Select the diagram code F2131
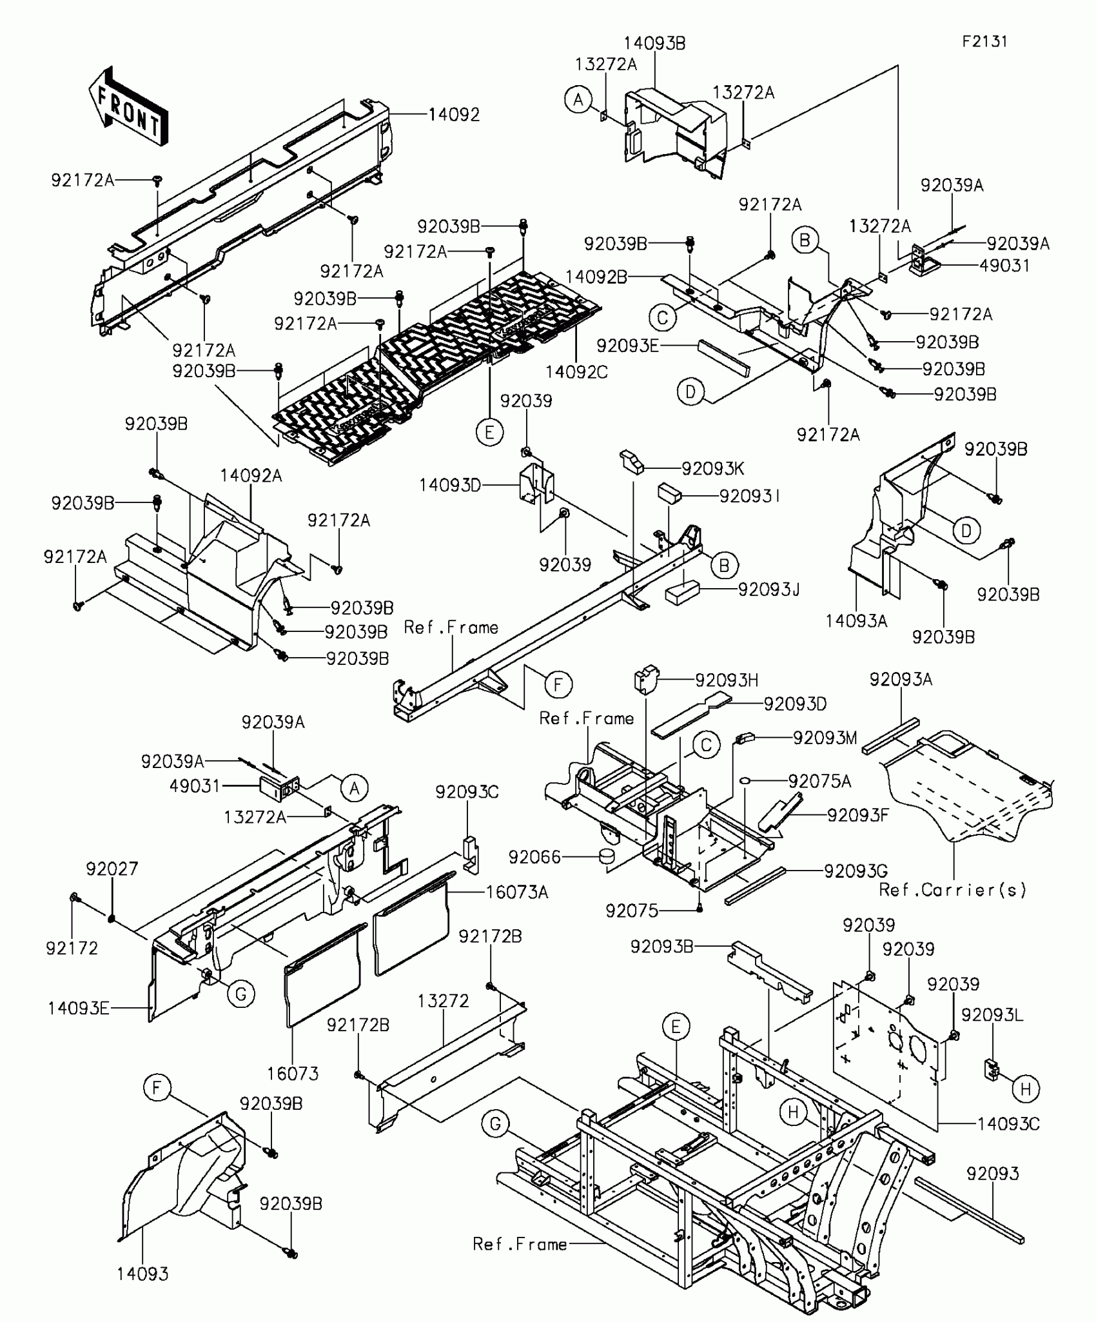[x=984, y=41]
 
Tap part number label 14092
[x=455, y=115]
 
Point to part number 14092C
[x=576, y=372]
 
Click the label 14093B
[x=654, y=43]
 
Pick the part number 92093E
[x=627, y=346]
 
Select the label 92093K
[x=713, y=469]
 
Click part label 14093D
[x=450, y=486]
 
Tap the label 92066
[x=534, y=857]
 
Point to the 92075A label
[x=819, y=782]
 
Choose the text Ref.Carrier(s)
[x=953, y=890]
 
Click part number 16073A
[x=517, y=892]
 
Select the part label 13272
[x=443, y=1001]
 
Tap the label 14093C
[x=1008, y=1124]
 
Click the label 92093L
[x=992, y=1015]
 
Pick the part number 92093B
[x=662, y=947]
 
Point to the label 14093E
[x=79, y=1008]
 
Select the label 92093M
[x=825, y=738]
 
